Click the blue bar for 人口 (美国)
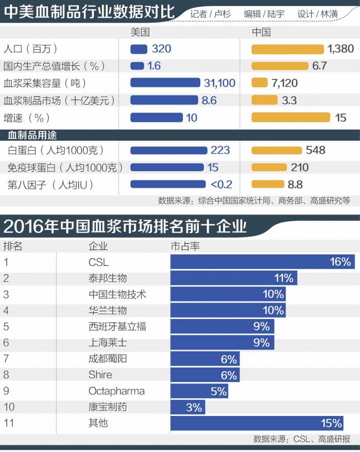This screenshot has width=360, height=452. (139, 49)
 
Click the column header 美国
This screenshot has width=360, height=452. (140, 32)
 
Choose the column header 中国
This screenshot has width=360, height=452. (261, 32)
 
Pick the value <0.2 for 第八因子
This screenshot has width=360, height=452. (221, 184)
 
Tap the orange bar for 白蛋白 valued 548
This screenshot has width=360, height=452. (277, 150)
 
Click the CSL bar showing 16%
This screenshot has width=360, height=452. (262, 262)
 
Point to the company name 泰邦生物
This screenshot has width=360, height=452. (107, 278)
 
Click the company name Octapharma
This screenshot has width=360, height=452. (116, 391)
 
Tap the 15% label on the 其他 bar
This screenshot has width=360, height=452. (331, 424)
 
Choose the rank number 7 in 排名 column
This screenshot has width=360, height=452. (6, 359)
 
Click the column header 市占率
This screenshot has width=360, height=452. (185, 246)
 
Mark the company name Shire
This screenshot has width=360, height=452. (100, 375)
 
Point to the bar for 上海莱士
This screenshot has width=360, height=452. (222, 343)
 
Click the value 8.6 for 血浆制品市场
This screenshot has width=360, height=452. (209, 100)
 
